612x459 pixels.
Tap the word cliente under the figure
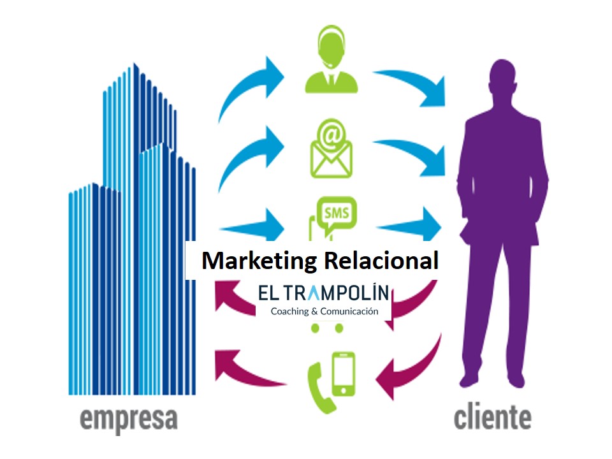(x=492, y=418)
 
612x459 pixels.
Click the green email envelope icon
(x=331, y=150)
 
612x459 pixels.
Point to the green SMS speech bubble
(x=337, y=213)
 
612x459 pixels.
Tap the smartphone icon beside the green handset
(x=344, y=374)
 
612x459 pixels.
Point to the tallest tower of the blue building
(x=136, y=127)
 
